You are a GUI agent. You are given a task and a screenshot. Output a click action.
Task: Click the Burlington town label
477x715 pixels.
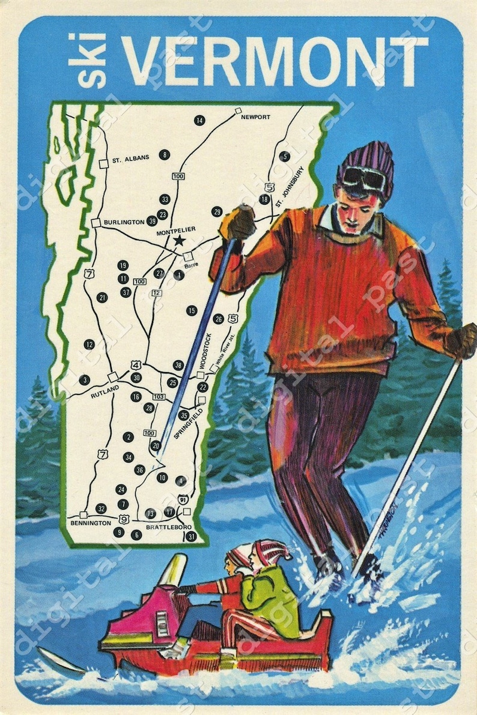(x=123, y=222)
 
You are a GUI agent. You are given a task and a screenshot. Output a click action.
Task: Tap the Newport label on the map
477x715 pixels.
(x=255, y=116)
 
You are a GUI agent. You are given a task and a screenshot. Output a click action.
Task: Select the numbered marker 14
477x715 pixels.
(x=199, y=121)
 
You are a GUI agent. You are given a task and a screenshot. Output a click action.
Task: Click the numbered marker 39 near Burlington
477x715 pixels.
(x=152, y=221)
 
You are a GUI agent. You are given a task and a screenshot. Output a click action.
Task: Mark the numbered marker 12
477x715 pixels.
(x=90, y=345)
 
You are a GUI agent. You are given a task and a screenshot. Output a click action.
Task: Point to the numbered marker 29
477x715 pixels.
(x=217, y=211)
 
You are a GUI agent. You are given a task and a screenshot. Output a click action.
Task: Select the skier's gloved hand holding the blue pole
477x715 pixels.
(x=239, y=223)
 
